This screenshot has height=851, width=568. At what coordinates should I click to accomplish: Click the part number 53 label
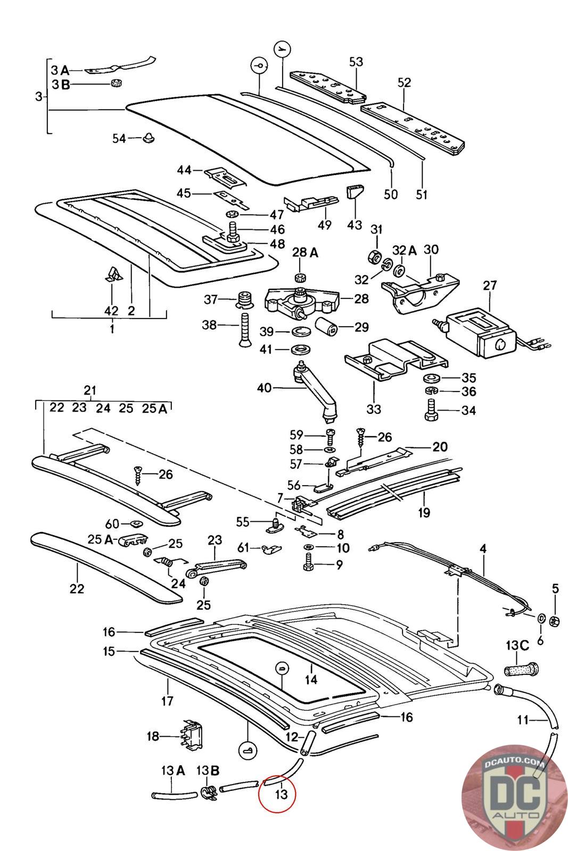click(x=356, y=62)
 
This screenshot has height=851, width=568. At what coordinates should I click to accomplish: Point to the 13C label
click(x=516, y=646)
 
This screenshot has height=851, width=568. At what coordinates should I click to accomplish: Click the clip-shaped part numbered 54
click(x=149, y=139)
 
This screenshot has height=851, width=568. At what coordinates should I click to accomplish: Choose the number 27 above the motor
click(x=490, y=285)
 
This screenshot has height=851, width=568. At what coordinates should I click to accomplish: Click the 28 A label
click(x=305, y=253)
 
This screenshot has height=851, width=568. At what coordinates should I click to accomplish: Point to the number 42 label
click(x=111, y=310)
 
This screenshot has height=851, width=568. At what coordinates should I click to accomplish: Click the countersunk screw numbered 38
click(x=244, y=329)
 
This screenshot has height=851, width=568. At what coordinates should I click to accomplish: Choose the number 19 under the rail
click(x=424, y=512)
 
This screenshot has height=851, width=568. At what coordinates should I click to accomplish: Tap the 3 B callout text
click(x=60, y=84)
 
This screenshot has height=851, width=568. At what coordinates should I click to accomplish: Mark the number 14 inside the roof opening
click(x=311, y=679)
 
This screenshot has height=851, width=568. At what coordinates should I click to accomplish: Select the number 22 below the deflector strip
click(x=77, y=588)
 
